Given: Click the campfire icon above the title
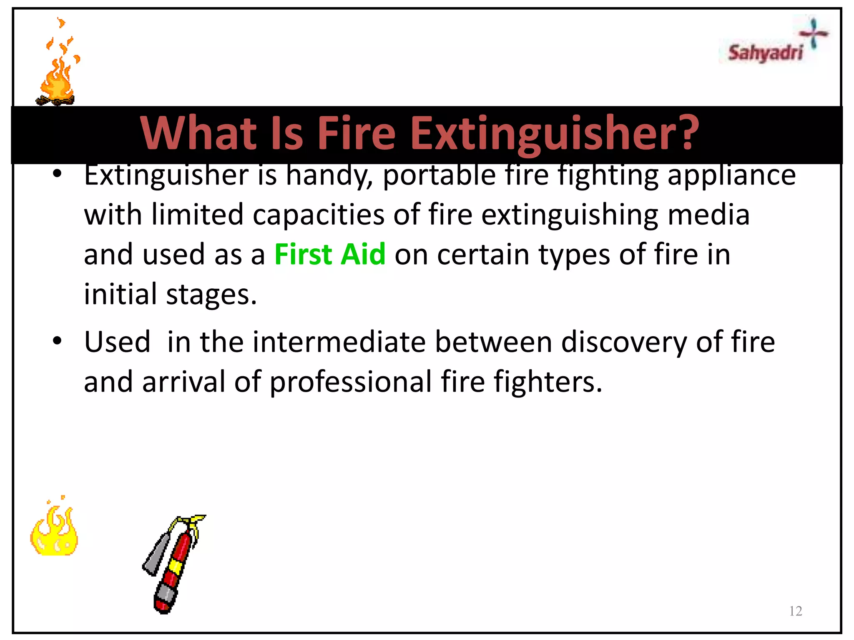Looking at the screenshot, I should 57,67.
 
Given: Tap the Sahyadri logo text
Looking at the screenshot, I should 765,53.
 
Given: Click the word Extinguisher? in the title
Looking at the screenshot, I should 555,133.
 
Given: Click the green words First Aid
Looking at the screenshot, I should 330,254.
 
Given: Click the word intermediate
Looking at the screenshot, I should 339,342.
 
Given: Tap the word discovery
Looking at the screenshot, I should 624,342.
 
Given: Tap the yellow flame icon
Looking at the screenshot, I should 54,531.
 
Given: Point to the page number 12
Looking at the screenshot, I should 796,611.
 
